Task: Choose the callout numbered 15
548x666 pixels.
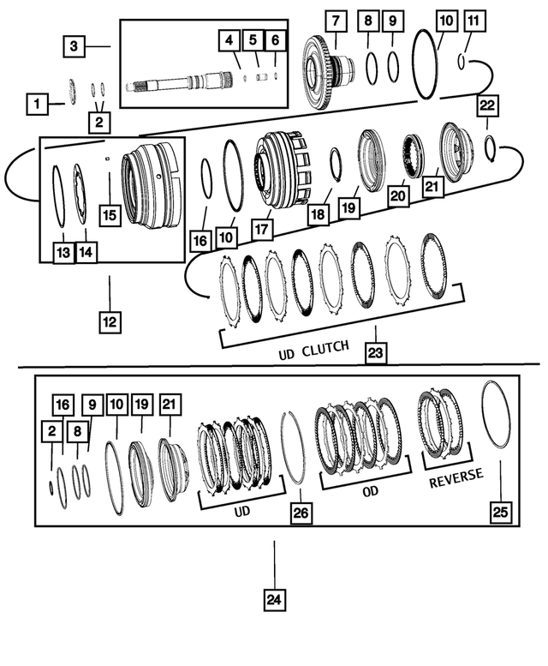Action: pos(109,214)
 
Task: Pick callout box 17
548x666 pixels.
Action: pos(262,230)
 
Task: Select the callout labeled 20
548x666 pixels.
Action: pos(398,196)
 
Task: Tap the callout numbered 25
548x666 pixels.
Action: pos(500,512)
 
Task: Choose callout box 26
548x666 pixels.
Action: pos(301,513)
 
